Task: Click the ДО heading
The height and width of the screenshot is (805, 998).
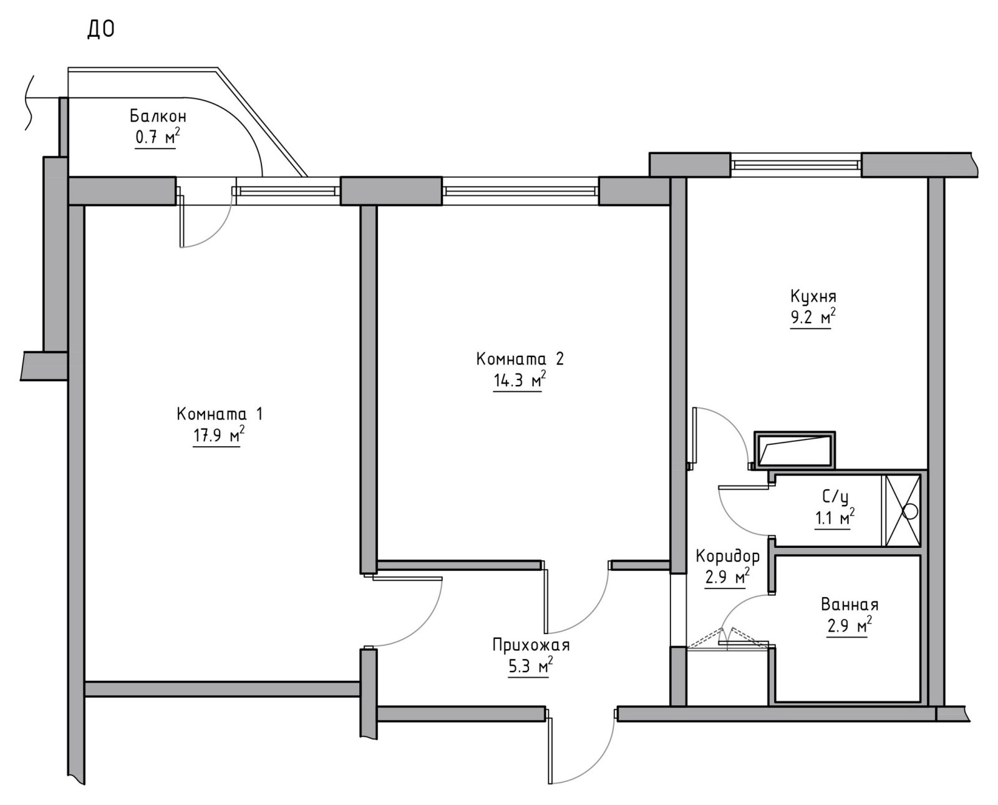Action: [x=101, y=30]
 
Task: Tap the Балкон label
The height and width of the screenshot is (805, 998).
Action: [x=158, y=115]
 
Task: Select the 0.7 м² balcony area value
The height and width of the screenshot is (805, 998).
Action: [x=157, y=137]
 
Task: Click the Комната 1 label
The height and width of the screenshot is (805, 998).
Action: [x=220, y=413]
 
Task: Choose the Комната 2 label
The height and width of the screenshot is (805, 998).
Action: [x=520, y=359]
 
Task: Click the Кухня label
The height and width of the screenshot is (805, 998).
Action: [x=813, y=296]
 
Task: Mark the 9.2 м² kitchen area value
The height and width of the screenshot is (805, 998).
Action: [x=813, y=318]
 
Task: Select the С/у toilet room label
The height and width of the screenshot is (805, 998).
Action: [x=835, y=497]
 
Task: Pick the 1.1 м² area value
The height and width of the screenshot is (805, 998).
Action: [x=835, y=518]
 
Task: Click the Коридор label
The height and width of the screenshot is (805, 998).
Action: [x=728, y=556]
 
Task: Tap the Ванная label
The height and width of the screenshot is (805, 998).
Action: [x=850, y=605]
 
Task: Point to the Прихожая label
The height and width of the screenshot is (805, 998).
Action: [x=531, y=645]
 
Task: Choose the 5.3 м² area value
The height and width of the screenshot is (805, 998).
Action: [x=531, y=666]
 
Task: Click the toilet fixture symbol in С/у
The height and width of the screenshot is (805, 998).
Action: [x=903, y=510]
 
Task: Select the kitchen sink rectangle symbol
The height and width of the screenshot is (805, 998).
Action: [x=795, y=450]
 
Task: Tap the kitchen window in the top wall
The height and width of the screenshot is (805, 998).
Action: [x=796, y=165]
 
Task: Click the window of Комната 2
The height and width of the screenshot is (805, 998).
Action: [x=520, y=191]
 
